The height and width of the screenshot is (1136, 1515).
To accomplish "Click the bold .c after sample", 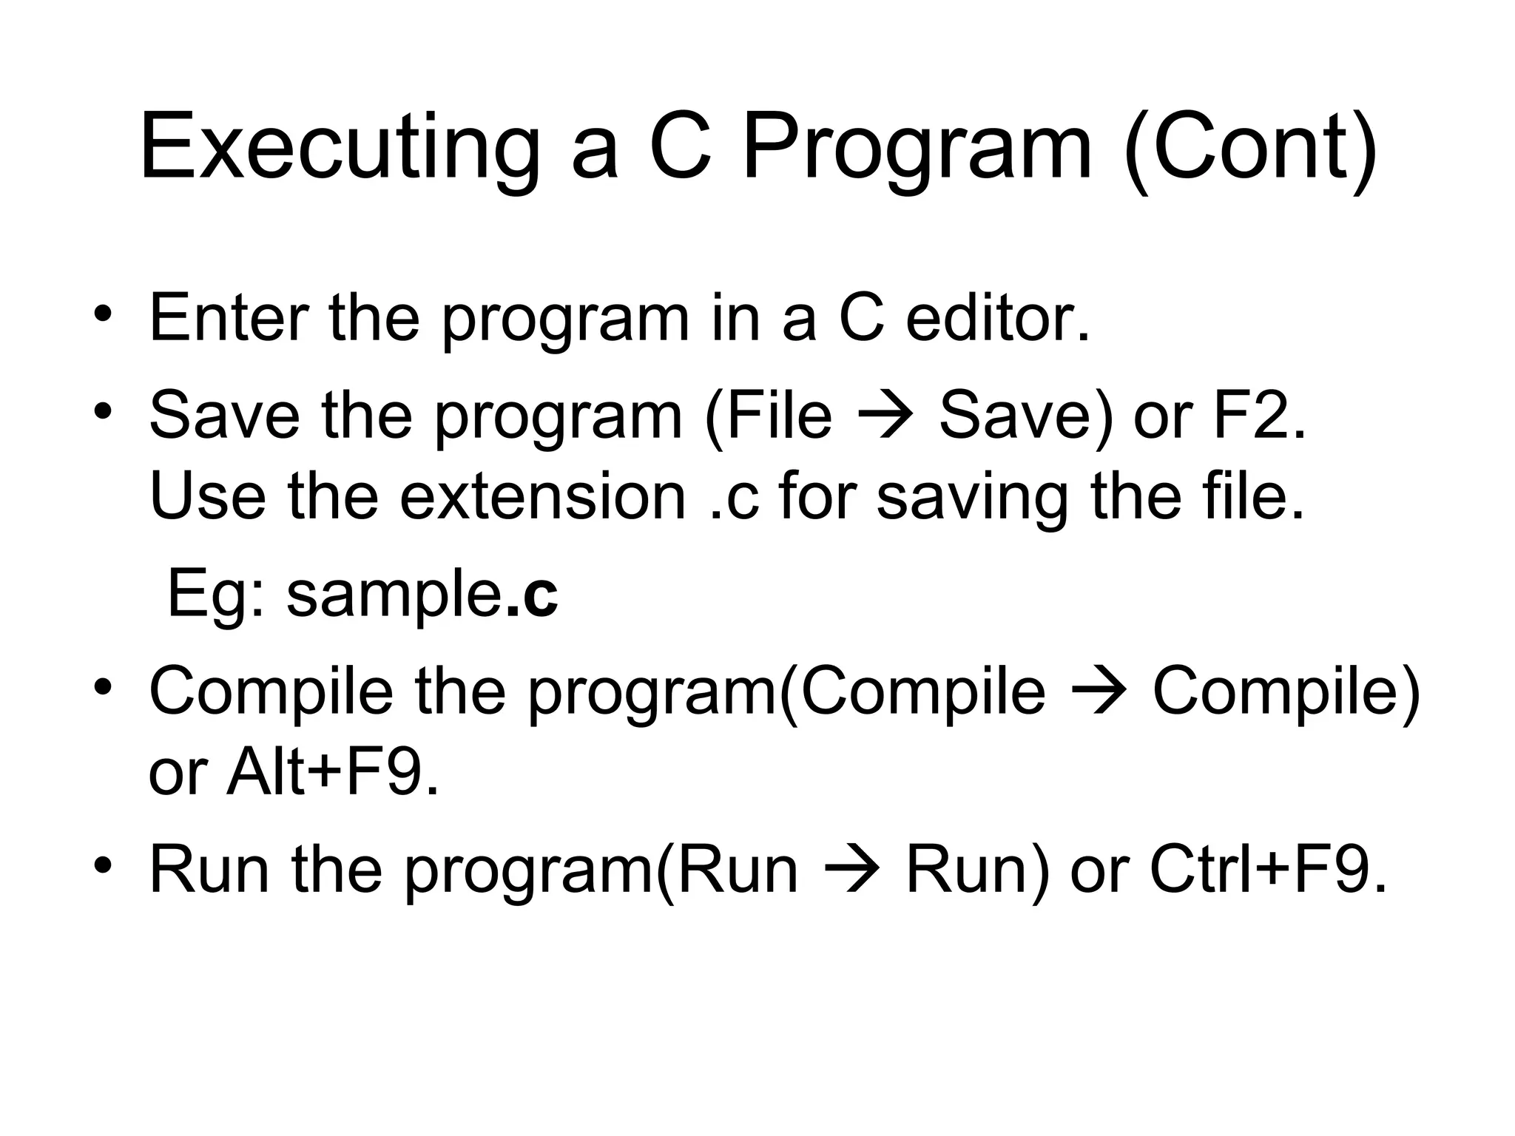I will coord(533,595).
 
